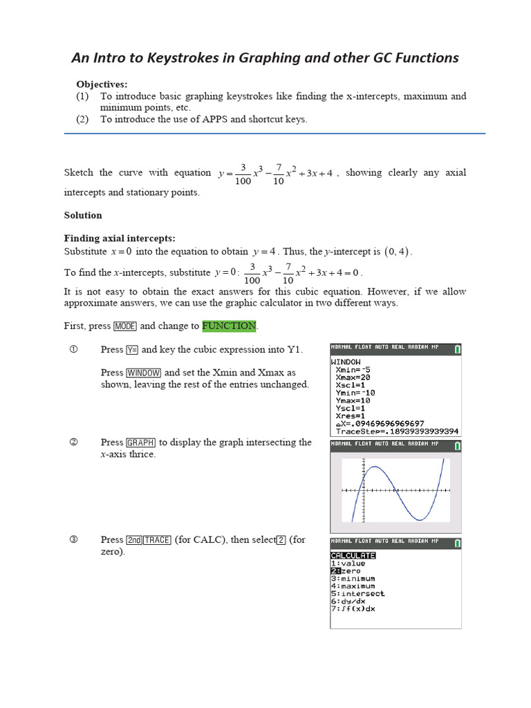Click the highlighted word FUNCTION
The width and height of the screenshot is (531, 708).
[229, 326]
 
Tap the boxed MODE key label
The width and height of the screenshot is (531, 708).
[125, 326]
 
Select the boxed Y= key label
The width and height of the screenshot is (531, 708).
[133, 350]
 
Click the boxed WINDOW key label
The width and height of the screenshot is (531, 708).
[144, 373]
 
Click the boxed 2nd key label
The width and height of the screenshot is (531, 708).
[134, 540]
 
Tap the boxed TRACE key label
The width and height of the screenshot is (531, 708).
[158, 540]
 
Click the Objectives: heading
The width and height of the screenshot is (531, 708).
[102, 84]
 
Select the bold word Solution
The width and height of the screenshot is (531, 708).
[83, 215]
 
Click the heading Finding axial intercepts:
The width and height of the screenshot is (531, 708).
[120, 238]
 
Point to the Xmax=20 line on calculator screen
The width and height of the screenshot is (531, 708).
[354, 378]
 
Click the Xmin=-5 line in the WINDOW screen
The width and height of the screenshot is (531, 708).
[354, 369]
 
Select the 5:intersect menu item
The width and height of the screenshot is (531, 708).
[357, 593]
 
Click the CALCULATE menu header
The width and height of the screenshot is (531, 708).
[353, 555]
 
